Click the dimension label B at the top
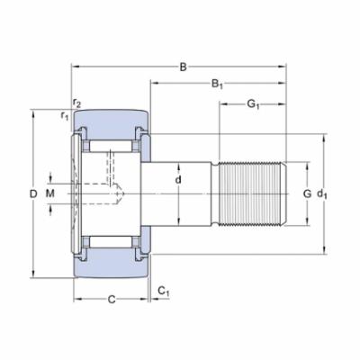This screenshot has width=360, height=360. [x=184, y=67]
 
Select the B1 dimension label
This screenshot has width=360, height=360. [x=217, y=85]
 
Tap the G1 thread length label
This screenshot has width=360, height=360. [x=254, y=105]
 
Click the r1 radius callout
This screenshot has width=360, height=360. [x=65, y=115]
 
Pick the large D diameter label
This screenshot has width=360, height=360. [x=33, y=193]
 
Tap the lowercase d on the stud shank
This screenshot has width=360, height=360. [x=178, y=180]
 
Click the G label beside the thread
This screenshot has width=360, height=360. [x=307, y=193]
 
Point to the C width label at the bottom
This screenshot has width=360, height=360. [x=111, y=298]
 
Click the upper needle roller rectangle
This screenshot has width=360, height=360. [x=111, y=145]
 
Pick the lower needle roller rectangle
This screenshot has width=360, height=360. [x=111, y=242]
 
